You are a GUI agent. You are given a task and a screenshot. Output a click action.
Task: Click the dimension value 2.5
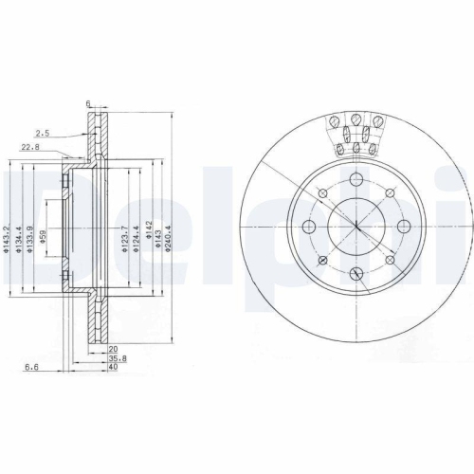(x=43, y=133)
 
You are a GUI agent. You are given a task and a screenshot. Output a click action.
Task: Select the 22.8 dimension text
(x=30, y=146)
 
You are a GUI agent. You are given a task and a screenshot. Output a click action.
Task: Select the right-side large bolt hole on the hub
(x=402, y=226)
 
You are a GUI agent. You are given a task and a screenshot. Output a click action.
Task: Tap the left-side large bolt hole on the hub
(x=309, y=227)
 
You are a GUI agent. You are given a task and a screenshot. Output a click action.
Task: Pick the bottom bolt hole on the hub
(x=355, y=272)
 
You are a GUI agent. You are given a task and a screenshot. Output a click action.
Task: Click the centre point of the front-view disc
(x=355, y=227)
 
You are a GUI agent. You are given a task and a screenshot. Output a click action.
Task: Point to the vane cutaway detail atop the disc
(x=355, y=133)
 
